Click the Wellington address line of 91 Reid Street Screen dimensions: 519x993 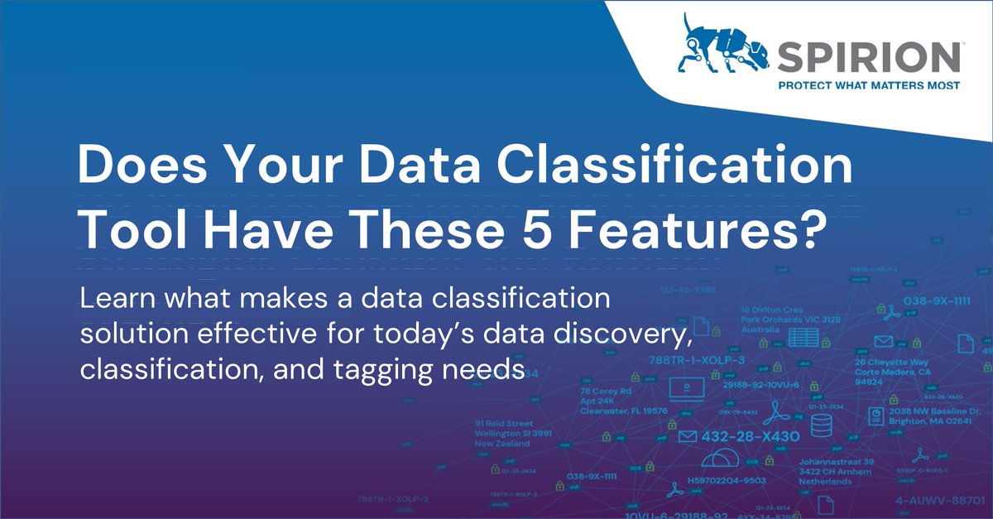[513, 433]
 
